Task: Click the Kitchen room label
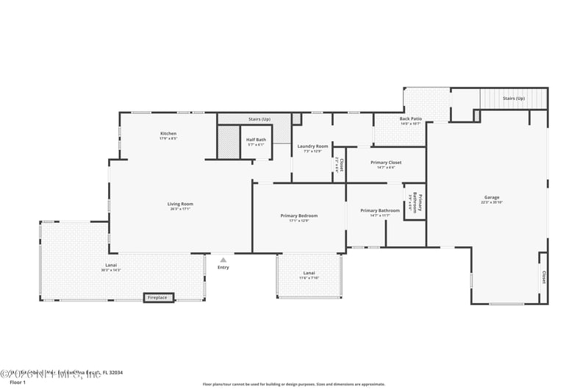coord(168,133)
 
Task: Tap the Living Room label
coord(180,204)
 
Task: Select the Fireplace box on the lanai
coord(157,298)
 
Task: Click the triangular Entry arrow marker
coord(223,259)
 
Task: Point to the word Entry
coord(223,267)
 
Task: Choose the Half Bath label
coord(256,140)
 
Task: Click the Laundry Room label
coord(312,146)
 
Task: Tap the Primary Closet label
coord(386,163)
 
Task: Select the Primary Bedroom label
coord(299,215)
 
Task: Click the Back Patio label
coord(411,118)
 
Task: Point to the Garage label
coord(491,197)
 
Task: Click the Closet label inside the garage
coord(544,277)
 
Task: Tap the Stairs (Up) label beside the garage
coord(514,97)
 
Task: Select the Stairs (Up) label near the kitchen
coord(259,118)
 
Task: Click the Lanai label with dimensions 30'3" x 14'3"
coord(110,265)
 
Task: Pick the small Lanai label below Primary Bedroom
coord(309,273)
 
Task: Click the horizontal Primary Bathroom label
coord(380,210)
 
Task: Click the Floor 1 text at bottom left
coord(17,382)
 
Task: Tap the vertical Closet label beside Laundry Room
coord(339,164)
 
